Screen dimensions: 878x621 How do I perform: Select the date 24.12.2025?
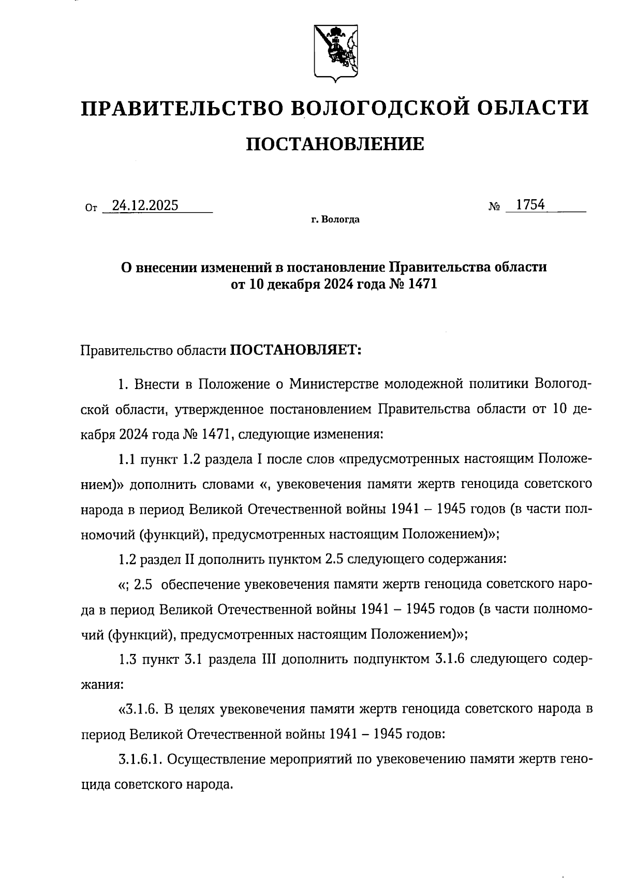coord(145,206)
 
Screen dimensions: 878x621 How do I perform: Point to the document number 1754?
coord(531,205)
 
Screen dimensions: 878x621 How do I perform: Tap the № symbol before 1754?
coord(494,207)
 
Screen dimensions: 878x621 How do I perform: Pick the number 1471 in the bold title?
coord(423,284)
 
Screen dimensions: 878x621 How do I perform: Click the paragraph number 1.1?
coord(127,459)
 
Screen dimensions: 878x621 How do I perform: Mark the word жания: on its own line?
coord(102,684)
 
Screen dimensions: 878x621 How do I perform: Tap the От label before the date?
coord(91,209)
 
